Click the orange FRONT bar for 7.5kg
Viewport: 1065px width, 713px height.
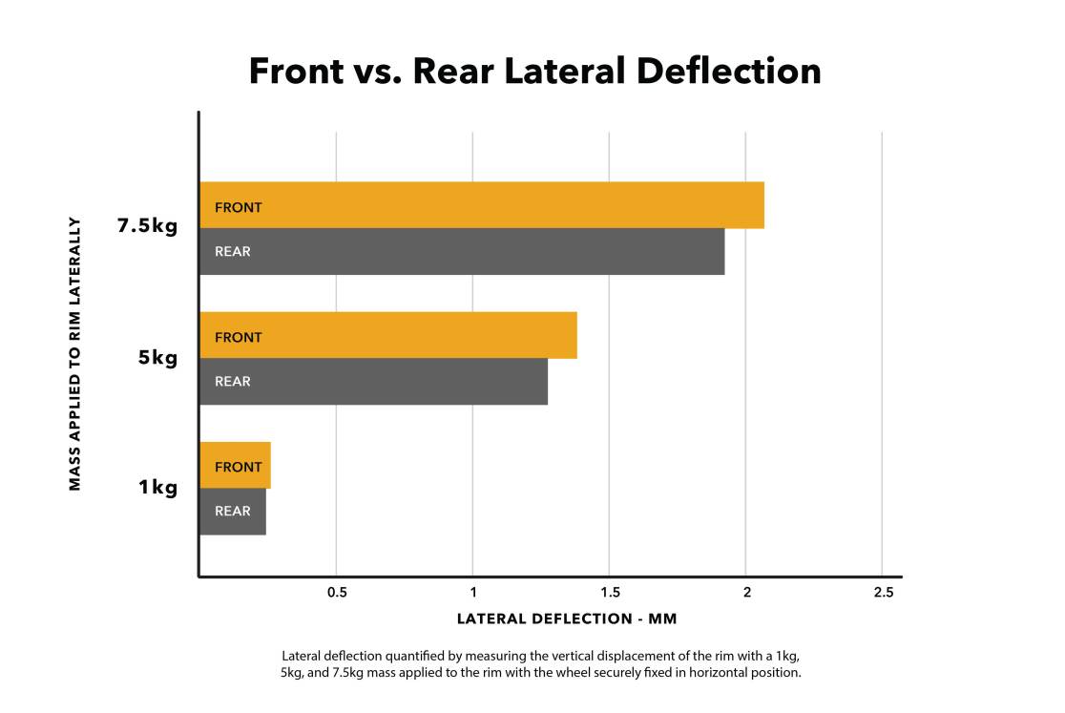(x=482, y=205)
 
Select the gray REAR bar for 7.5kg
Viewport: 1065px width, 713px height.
(x=462, y=251)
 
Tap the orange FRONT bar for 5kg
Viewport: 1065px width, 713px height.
(x=388, y=335)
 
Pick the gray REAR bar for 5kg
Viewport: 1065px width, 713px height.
(x=373, y=381)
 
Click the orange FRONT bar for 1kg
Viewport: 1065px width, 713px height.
(x=235, y=466)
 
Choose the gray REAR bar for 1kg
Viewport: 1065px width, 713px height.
(x=233, y=512)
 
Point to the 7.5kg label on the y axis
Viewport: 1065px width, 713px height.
(x=147, y=227)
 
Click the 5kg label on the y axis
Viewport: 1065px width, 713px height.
(x=158, y=358)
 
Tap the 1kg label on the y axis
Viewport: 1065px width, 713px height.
(x=158, y=488)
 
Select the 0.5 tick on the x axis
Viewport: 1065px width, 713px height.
(x=337, y=593)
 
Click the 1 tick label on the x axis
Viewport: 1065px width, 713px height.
(x=472, y=593)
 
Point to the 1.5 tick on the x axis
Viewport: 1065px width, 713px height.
(x=610, y=593)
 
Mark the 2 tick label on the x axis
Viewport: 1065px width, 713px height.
(x=746, y=593)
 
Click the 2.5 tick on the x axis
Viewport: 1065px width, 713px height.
(x=883, y=593)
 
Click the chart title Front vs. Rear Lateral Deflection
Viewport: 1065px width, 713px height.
(x=534, y=72)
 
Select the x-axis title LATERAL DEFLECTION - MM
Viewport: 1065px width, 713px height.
(x=567, y=619)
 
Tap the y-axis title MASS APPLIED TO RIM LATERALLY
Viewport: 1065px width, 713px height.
(x=75, y=353)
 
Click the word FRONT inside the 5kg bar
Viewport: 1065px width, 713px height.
(x=239, y=337)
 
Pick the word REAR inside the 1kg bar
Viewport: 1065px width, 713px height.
(x=233, y=512)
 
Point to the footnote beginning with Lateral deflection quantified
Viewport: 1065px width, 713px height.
(x=541, y=664)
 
